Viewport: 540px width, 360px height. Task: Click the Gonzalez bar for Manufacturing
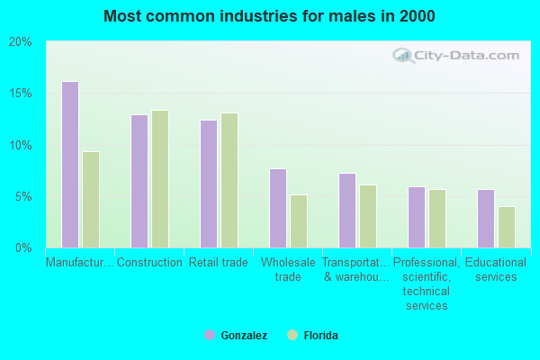point(70,165)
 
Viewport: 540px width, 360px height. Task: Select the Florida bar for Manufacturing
point(91,200)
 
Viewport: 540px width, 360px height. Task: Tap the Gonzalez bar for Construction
point(139,181)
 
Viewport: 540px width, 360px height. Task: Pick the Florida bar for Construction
point(160,179)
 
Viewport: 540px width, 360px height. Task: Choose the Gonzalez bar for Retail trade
point(209,184)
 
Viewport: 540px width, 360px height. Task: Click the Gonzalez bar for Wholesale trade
point(278,208)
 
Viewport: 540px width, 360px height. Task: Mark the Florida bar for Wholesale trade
point(299,221)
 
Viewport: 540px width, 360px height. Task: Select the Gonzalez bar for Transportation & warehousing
point(347,211)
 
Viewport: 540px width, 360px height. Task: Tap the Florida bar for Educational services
point(507,227)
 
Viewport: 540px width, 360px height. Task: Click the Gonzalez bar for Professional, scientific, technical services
point(417,217)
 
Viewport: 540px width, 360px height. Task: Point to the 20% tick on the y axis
point(20,42)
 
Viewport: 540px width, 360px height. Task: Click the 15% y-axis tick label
point(20,94)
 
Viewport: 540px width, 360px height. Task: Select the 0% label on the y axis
point(23,247)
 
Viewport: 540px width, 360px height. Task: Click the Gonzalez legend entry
point(236,335)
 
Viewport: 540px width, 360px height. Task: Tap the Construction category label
point(149,263)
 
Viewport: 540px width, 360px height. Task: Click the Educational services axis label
point(496,270)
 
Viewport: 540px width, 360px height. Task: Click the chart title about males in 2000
point(269,16)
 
